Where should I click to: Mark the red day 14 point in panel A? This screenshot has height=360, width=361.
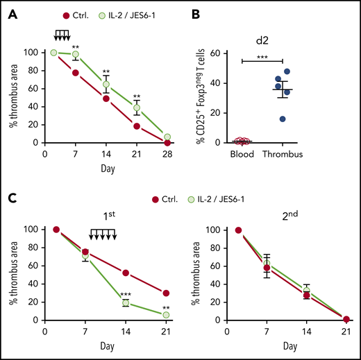click(x=107, y=98)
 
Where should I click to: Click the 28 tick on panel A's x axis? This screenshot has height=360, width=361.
click(x=166, y=154)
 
